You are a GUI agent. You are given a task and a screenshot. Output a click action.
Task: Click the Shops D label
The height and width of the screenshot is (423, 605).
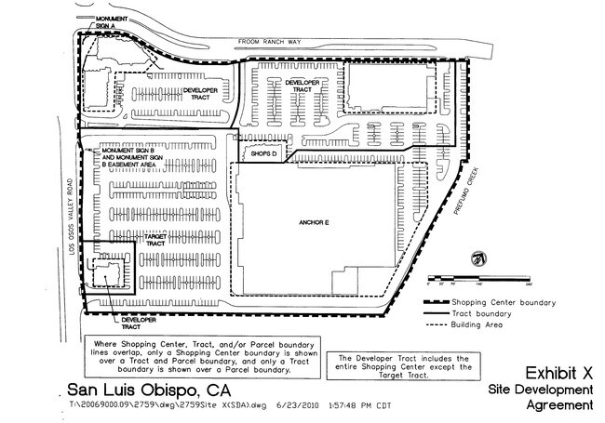pos(264,154)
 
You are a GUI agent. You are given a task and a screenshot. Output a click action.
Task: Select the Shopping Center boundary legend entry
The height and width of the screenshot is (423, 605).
pos(491,301)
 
